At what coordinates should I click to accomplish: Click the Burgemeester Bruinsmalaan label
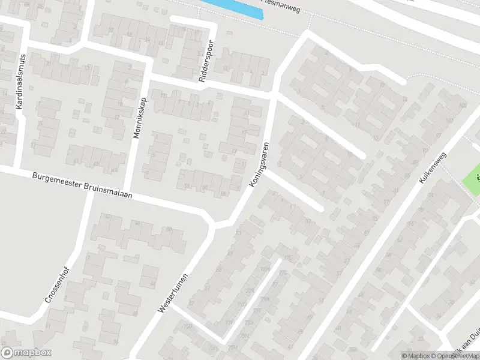pyautogui.click(x=82, y=186)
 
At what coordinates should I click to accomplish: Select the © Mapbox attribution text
pyautogui.click(x=416, y=356)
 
